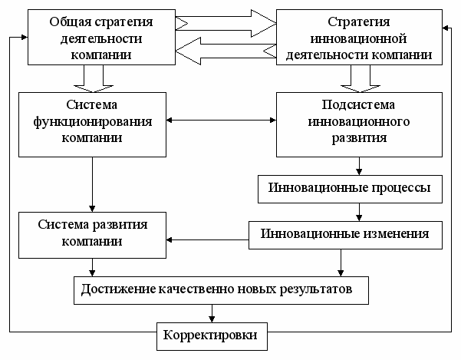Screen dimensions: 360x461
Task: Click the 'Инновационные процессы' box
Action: (350, 187)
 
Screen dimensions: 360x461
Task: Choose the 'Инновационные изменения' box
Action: (345, 232)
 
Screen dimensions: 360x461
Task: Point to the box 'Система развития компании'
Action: (92, 234)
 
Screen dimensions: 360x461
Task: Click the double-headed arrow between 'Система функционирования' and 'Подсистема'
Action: (222, 121)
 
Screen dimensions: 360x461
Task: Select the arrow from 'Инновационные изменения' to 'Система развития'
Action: (208, 240)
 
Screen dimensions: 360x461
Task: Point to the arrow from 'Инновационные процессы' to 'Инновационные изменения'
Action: (357, 211)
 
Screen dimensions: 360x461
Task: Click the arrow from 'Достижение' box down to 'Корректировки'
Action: (211, 313)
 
